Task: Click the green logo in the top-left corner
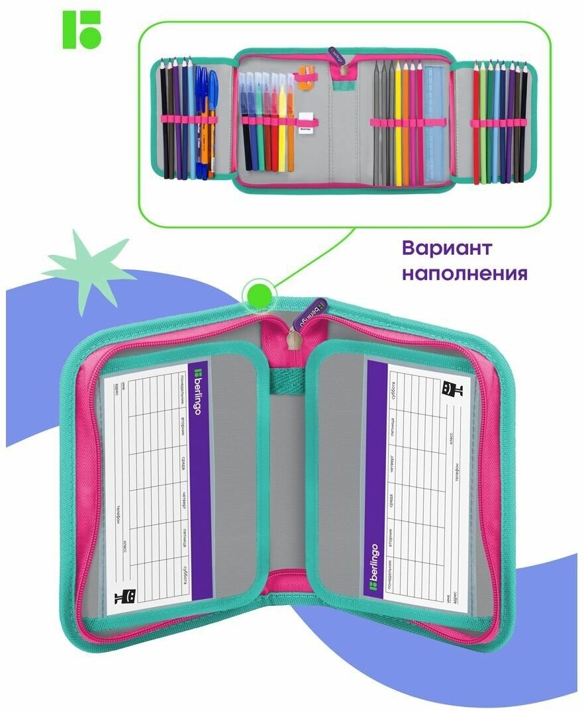click(x=81, y=29)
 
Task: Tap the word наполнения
click(x=465, y=273)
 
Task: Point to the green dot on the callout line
click(x=255, y=291)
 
